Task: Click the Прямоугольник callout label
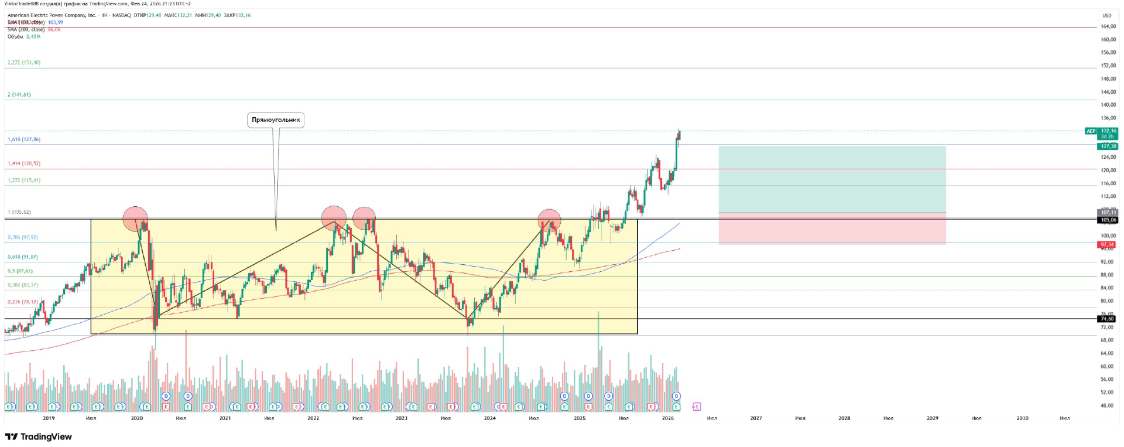[x=276, y=120]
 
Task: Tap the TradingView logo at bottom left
[x=39, y=436]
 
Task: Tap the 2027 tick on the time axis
[x=756, y=418]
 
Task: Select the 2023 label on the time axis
[x=401, y=418]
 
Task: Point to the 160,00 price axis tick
[x=1108, y=40]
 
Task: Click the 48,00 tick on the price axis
[x=1107, y=405]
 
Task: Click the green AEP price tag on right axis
[x=1091, y=131]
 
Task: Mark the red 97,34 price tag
[x=1107, y=245]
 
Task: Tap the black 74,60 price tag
[x=1107, y=319]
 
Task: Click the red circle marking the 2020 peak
[x=135, y=219]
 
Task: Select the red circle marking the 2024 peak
[x=549, y=220]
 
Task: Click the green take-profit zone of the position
[x=832, y=179]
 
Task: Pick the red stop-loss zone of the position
[x=832, y=228]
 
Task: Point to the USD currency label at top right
[x=1107, y=16]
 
